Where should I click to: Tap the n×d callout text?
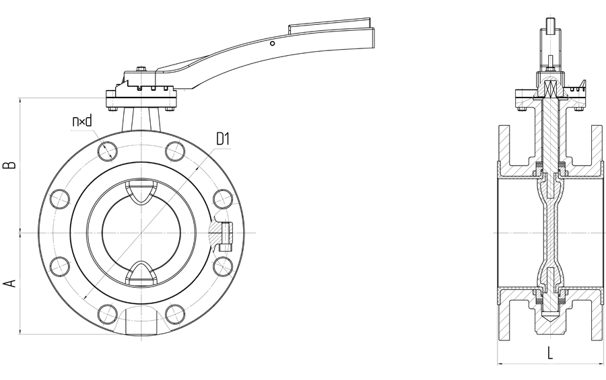pos(82,122)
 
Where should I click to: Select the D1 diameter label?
pos(223,139)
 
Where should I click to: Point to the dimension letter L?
pos(550,353)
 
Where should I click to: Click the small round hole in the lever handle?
pos(272,43)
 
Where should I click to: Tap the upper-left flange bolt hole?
pos(108,151)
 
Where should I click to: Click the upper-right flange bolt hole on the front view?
pos(175,151)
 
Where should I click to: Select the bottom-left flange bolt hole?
pos(108,314)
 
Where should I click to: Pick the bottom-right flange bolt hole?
pos(175,314)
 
